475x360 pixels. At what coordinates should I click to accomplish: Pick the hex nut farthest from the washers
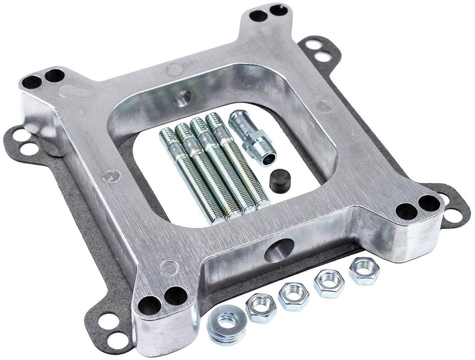(x=363, y=272)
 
